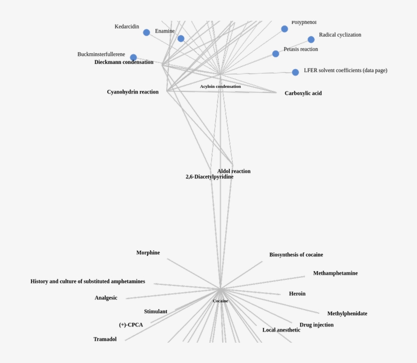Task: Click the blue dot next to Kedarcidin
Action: pos(146,32)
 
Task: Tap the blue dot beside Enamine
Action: pos(181,39)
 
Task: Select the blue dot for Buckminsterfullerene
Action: pos(133,57)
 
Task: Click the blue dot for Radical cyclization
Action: pos(311,40)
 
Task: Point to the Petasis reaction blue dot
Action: pos(276,54)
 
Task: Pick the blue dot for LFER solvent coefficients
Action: pos(295,72)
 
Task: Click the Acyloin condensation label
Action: pos(220,86)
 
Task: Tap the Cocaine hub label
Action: pos(220,301)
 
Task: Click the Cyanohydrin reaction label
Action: pos(133,92)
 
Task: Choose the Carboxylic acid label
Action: pos(303,93)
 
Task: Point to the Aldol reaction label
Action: pos(234,171)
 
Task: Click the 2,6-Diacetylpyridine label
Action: pos(210,177)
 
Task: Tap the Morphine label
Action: pos(148,253)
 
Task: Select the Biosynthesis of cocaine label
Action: pos(296,255)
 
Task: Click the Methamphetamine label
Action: pos(335,273)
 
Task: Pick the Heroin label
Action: pos(297,293)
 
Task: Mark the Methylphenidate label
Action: pos(347,314)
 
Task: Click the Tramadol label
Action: pos(105,339)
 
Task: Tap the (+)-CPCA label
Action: pos(131,325)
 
